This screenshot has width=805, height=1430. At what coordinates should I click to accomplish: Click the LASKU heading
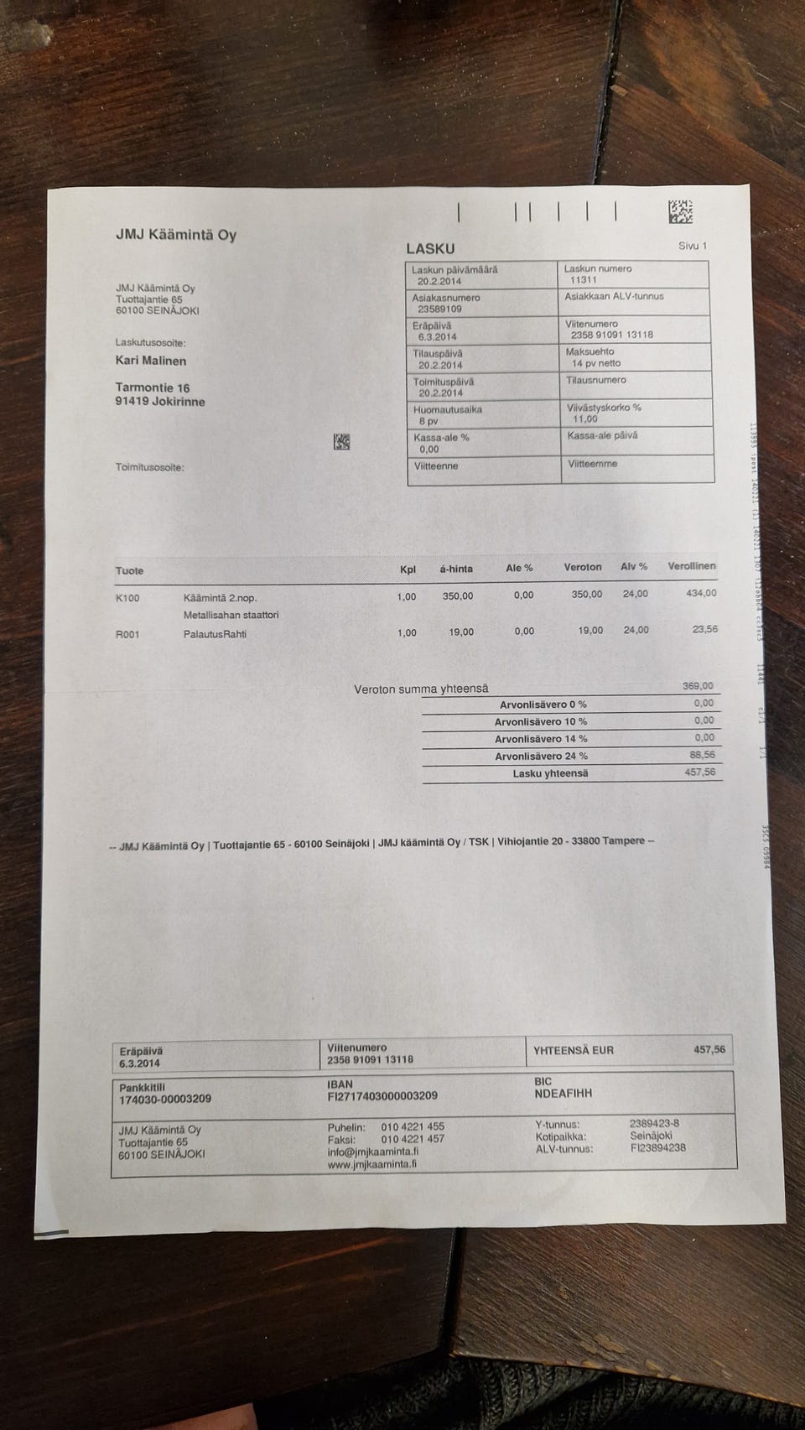point(430,248)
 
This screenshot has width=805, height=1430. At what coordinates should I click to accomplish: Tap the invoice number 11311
point(583,280)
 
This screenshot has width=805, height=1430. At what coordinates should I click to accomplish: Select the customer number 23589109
point(439,309)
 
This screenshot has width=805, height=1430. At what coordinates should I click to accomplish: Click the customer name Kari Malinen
point(151,361)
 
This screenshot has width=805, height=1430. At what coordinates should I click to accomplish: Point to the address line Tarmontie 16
point(153,387)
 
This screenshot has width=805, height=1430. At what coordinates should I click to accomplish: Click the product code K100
point(127,598)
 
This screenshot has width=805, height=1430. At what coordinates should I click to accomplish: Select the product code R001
point(127,634)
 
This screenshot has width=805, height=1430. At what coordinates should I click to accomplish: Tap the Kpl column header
point(408,569)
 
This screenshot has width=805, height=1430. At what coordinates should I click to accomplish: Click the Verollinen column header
point(691,566)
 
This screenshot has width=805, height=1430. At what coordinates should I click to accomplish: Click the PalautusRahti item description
point(215,634)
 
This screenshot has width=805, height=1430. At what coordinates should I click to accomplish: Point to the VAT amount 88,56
point(702,755)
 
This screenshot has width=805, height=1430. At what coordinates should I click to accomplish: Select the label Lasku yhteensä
point(550,773)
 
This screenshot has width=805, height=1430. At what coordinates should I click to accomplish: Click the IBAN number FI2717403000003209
point(382,1096)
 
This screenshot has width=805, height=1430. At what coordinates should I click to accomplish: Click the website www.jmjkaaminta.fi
point(372,1164)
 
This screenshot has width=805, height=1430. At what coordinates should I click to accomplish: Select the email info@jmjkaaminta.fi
point(372,1152)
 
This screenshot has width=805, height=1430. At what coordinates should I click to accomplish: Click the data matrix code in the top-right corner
point(680,212)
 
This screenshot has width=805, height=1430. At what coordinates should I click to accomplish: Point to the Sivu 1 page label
point(693,246)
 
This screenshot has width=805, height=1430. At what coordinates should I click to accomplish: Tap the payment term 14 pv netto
point(596,363)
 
